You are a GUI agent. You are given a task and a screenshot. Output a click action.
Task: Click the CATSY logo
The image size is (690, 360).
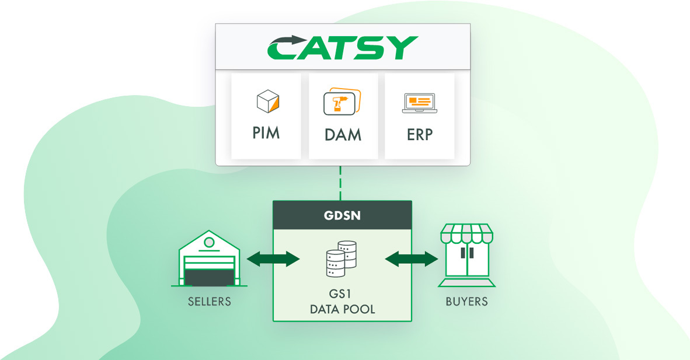(x=343, y=47)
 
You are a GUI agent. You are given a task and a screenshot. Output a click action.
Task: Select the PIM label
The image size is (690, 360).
(x=266, y=132)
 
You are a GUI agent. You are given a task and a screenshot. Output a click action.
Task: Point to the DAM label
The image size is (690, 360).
(x=343, y=135)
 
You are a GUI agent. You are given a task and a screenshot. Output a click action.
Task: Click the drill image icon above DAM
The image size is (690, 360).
(x=342, y=102)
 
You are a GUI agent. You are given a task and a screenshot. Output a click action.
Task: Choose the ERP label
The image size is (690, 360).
(x=419, y=134)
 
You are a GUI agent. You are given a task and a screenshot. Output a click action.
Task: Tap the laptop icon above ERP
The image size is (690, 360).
(x=419, y=103)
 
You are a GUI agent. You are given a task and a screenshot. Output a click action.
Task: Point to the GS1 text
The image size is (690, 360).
(x=342, y=295)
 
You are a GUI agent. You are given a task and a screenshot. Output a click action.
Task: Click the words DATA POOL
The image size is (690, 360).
(x=342, y=309)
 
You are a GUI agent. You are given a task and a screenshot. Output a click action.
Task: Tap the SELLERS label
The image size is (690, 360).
(x=209, y=302)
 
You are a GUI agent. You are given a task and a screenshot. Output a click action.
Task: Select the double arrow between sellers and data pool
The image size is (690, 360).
(x=273, y=258)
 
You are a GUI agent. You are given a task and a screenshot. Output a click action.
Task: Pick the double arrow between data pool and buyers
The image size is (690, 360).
(x=412, y=258)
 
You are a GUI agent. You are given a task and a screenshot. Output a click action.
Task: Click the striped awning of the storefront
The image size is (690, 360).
(x=466, y=233)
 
